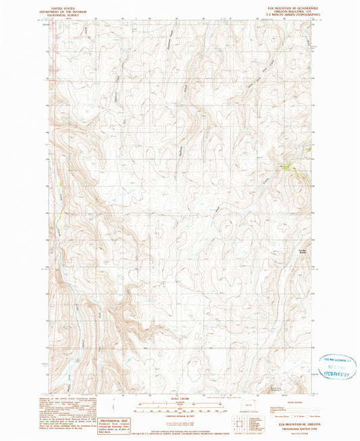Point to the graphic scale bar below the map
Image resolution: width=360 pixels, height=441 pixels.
180,407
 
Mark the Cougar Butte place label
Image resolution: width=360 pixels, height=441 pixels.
303,251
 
